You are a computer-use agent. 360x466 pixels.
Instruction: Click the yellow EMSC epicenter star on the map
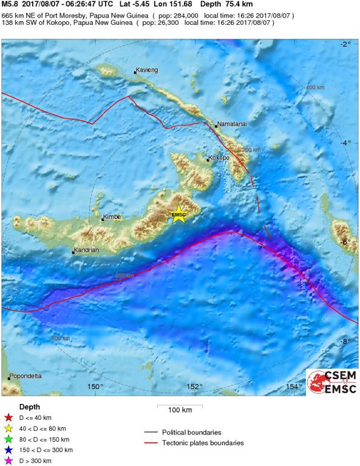(178, 215)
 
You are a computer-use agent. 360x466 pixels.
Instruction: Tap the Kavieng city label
(147, 70)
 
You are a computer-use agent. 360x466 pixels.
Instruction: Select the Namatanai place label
(231, 122)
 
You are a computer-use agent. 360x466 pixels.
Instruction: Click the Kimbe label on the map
(112, 217)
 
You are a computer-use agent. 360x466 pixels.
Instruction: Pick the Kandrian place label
(86, 250)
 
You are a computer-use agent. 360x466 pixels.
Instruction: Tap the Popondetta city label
(26, 376)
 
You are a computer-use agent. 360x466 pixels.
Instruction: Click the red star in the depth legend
(8, 417)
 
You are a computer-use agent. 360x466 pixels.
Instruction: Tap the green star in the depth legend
(8, 439)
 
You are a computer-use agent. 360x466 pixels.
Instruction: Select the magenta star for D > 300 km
(8, 461)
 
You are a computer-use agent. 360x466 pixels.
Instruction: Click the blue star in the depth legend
(8, 450)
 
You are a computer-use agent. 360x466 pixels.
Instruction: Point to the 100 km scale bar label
(180, 410)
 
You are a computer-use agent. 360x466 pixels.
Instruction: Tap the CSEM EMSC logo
(331, 382)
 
